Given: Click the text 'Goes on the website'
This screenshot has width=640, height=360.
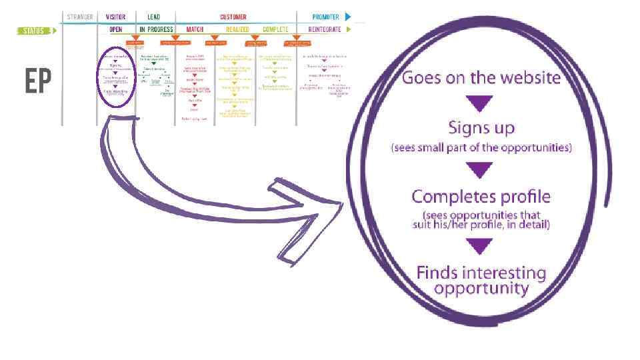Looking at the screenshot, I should click(x=481, y=78).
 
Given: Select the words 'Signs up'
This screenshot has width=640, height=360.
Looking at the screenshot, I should click(x=481, y=127).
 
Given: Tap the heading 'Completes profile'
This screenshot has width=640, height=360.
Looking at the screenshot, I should click(x=481, y=197).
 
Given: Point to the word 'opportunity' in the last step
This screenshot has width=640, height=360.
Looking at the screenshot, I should click(x=481, y=289).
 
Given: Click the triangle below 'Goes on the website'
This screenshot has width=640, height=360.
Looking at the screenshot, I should click(x=481, y=103).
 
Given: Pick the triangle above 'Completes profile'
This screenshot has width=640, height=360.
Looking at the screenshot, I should click(x=481, y=171).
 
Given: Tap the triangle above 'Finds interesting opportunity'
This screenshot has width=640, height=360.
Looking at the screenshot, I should click(x=481, y=247).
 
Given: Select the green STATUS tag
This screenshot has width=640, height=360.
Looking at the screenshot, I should click(x=33, y=30).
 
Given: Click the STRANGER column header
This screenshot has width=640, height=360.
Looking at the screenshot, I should click(x=80, y=17).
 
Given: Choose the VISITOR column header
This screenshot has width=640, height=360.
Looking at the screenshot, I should click(x=115, y=17).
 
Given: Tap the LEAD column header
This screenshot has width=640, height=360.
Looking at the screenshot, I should click(x=153, y=17).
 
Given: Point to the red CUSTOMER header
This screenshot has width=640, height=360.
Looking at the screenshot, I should click(x=233, y=17).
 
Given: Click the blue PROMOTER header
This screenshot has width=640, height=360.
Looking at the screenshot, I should click(x=326, y=17).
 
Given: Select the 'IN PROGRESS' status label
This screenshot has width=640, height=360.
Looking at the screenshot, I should click(x=156, y=30).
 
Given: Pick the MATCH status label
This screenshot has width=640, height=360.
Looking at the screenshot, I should click(x=195, y=30).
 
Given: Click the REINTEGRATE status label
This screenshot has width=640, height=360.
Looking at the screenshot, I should click(x=325, y=30).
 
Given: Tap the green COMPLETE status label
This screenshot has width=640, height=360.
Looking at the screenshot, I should click(x=275, y=30).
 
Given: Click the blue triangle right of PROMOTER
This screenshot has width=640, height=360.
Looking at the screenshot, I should click(x=347, y=17).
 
